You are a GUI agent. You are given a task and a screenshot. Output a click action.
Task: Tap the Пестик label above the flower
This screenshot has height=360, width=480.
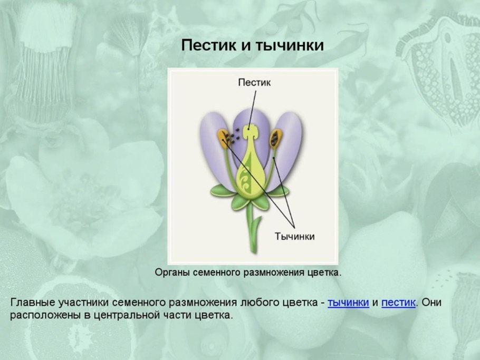pyautogui.click(x=254, y=82)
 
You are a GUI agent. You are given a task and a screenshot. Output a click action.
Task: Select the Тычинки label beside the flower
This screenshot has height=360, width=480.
pyautogui.click(x=295, y=236)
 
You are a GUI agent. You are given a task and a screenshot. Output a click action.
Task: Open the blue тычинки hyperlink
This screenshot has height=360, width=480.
pyautogui.click(x=348, y=303)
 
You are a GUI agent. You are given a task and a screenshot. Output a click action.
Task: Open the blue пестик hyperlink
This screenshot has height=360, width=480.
pyautogui.click(x=398, y=303)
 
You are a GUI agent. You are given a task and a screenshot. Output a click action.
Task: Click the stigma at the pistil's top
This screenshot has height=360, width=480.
pyautogui.click(x=252, y=131)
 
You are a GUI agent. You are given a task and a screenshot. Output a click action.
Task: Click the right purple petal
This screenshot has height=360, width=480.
pyautogui.click(x=289, y=148)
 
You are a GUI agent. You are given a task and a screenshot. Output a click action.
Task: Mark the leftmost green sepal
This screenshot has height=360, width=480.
pyautogui.click(x=222, y=191)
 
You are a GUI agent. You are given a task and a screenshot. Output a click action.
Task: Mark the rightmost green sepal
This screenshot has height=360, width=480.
pyautogui.click(x=280, y=191)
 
